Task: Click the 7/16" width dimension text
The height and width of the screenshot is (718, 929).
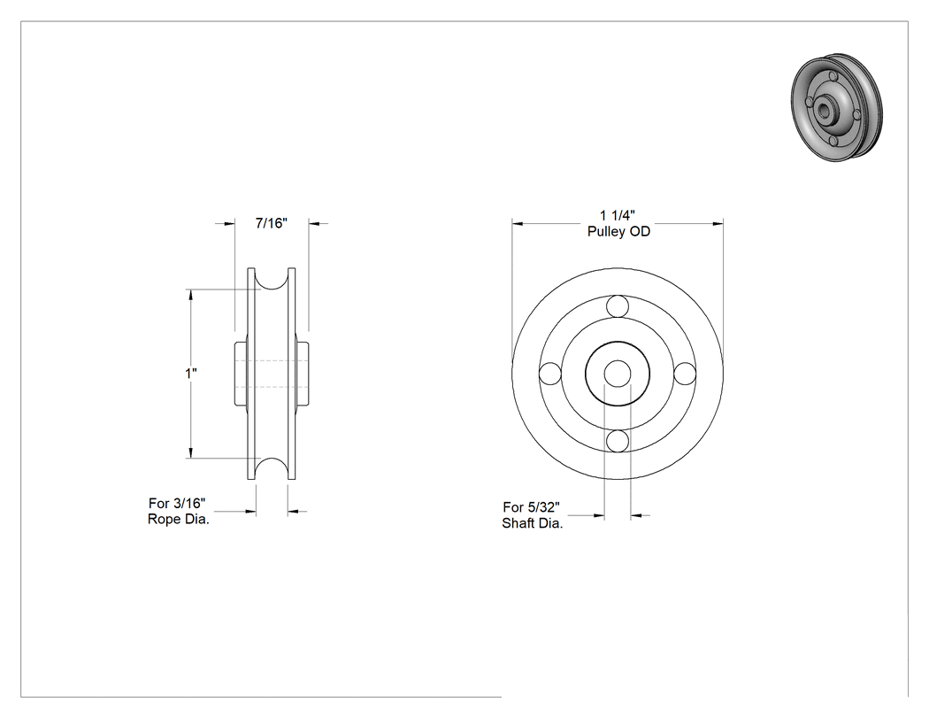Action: point(272,223)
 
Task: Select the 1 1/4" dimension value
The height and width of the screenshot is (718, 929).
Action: point(618,215)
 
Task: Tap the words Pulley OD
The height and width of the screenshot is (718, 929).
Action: point(618,231)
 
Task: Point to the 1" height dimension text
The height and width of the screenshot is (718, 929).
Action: point(191,374)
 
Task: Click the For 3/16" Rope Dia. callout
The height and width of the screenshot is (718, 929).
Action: point(179,511)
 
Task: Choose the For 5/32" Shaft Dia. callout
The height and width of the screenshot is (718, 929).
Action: point(532,515)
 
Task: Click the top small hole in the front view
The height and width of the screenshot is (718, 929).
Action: point(618,306)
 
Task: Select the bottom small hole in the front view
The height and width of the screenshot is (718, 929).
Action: point(618,441)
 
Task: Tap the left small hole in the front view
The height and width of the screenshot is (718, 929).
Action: point(549,374)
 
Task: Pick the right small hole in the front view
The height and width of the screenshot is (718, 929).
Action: point(685,374)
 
